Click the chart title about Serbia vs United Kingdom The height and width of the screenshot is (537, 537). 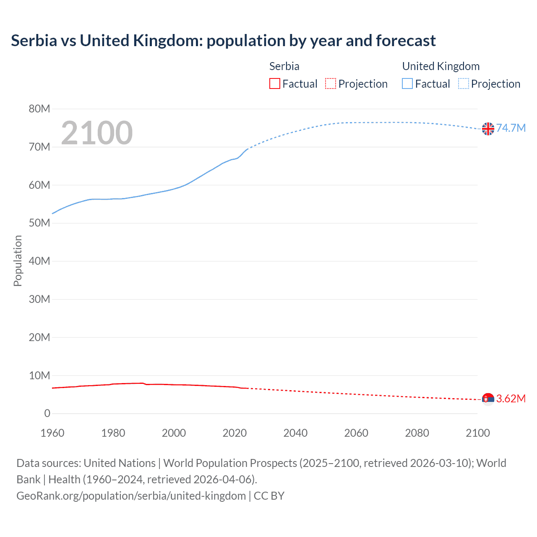click(223, 41)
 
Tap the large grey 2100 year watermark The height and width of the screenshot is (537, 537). click(97, 133)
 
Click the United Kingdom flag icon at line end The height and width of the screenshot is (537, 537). click(488, 129)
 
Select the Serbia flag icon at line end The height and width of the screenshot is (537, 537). click(488, 399)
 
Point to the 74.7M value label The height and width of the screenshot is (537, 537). click(511, 128)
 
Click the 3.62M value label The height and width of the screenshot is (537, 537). click(511, 399)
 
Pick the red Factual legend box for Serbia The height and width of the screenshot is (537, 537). click(275, 84)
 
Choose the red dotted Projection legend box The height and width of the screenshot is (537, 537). click(331, 84)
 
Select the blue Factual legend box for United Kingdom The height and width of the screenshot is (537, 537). click(407, 84)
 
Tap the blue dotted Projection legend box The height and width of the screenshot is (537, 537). click(463, 84)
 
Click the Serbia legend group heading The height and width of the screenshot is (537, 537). click(284, 66)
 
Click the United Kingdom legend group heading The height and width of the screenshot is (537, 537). click(441, 66)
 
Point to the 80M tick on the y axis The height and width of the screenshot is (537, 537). click(39, 109)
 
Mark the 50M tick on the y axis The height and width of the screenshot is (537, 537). click(39, 223)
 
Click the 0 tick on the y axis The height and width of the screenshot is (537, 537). click(47, 414)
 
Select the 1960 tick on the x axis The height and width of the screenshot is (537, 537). click(52, 433)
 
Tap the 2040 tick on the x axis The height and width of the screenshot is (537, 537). click(295, 433)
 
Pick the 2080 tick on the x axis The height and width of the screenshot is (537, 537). click(417, 433)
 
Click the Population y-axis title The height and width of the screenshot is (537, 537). click(18, 261)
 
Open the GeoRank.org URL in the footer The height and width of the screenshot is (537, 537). click(131, 496)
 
